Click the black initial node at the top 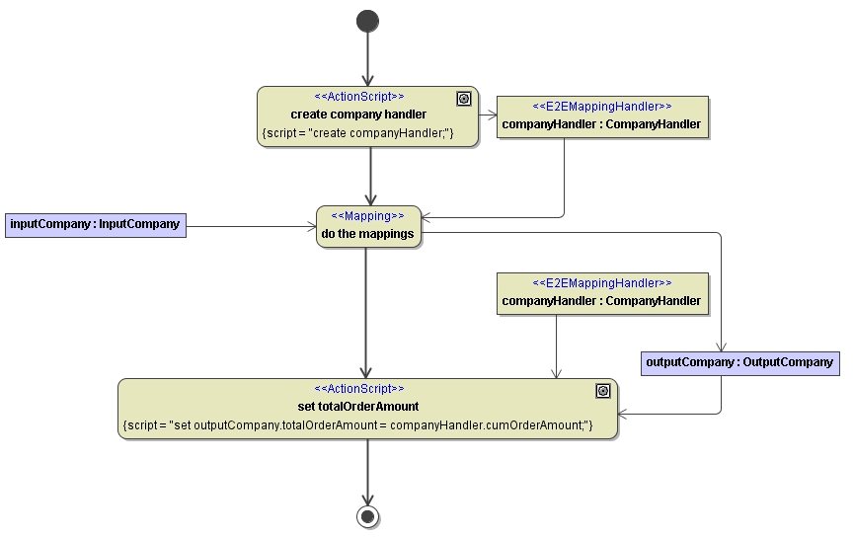pyautogui.click(x=367, y=21)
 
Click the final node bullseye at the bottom pyautogui.click(x=367, y=516)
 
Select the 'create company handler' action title pyautogui.click(x=358, y=115)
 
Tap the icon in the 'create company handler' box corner pyautogui.click(x=464, y=99)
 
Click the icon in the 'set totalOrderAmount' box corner pyautogui.click(x=603, y=391)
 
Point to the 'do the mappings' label pyautogui.click(x=367, y=234)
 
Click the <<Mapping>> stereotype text pyautogui.click(x=367, y=216)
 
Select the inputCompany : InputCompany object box pyautogui.click(x=95, y=224)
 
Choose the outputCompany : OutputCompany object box pyautogui.click(x=739, y=362)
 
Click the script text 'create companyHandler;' pyautogui.click(x=358, y=132)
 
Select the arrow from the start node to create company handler pyautogui.click(x=367, y=59)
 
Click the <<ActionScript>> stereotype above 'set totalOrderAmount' pyautogui.click(x=358, y=389)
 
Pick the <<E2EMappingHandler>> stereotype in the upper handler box pyautogui.click(x=601, y=106)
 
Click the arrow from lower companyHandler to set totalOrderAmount pyautogui.click(x=556, y=346)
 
